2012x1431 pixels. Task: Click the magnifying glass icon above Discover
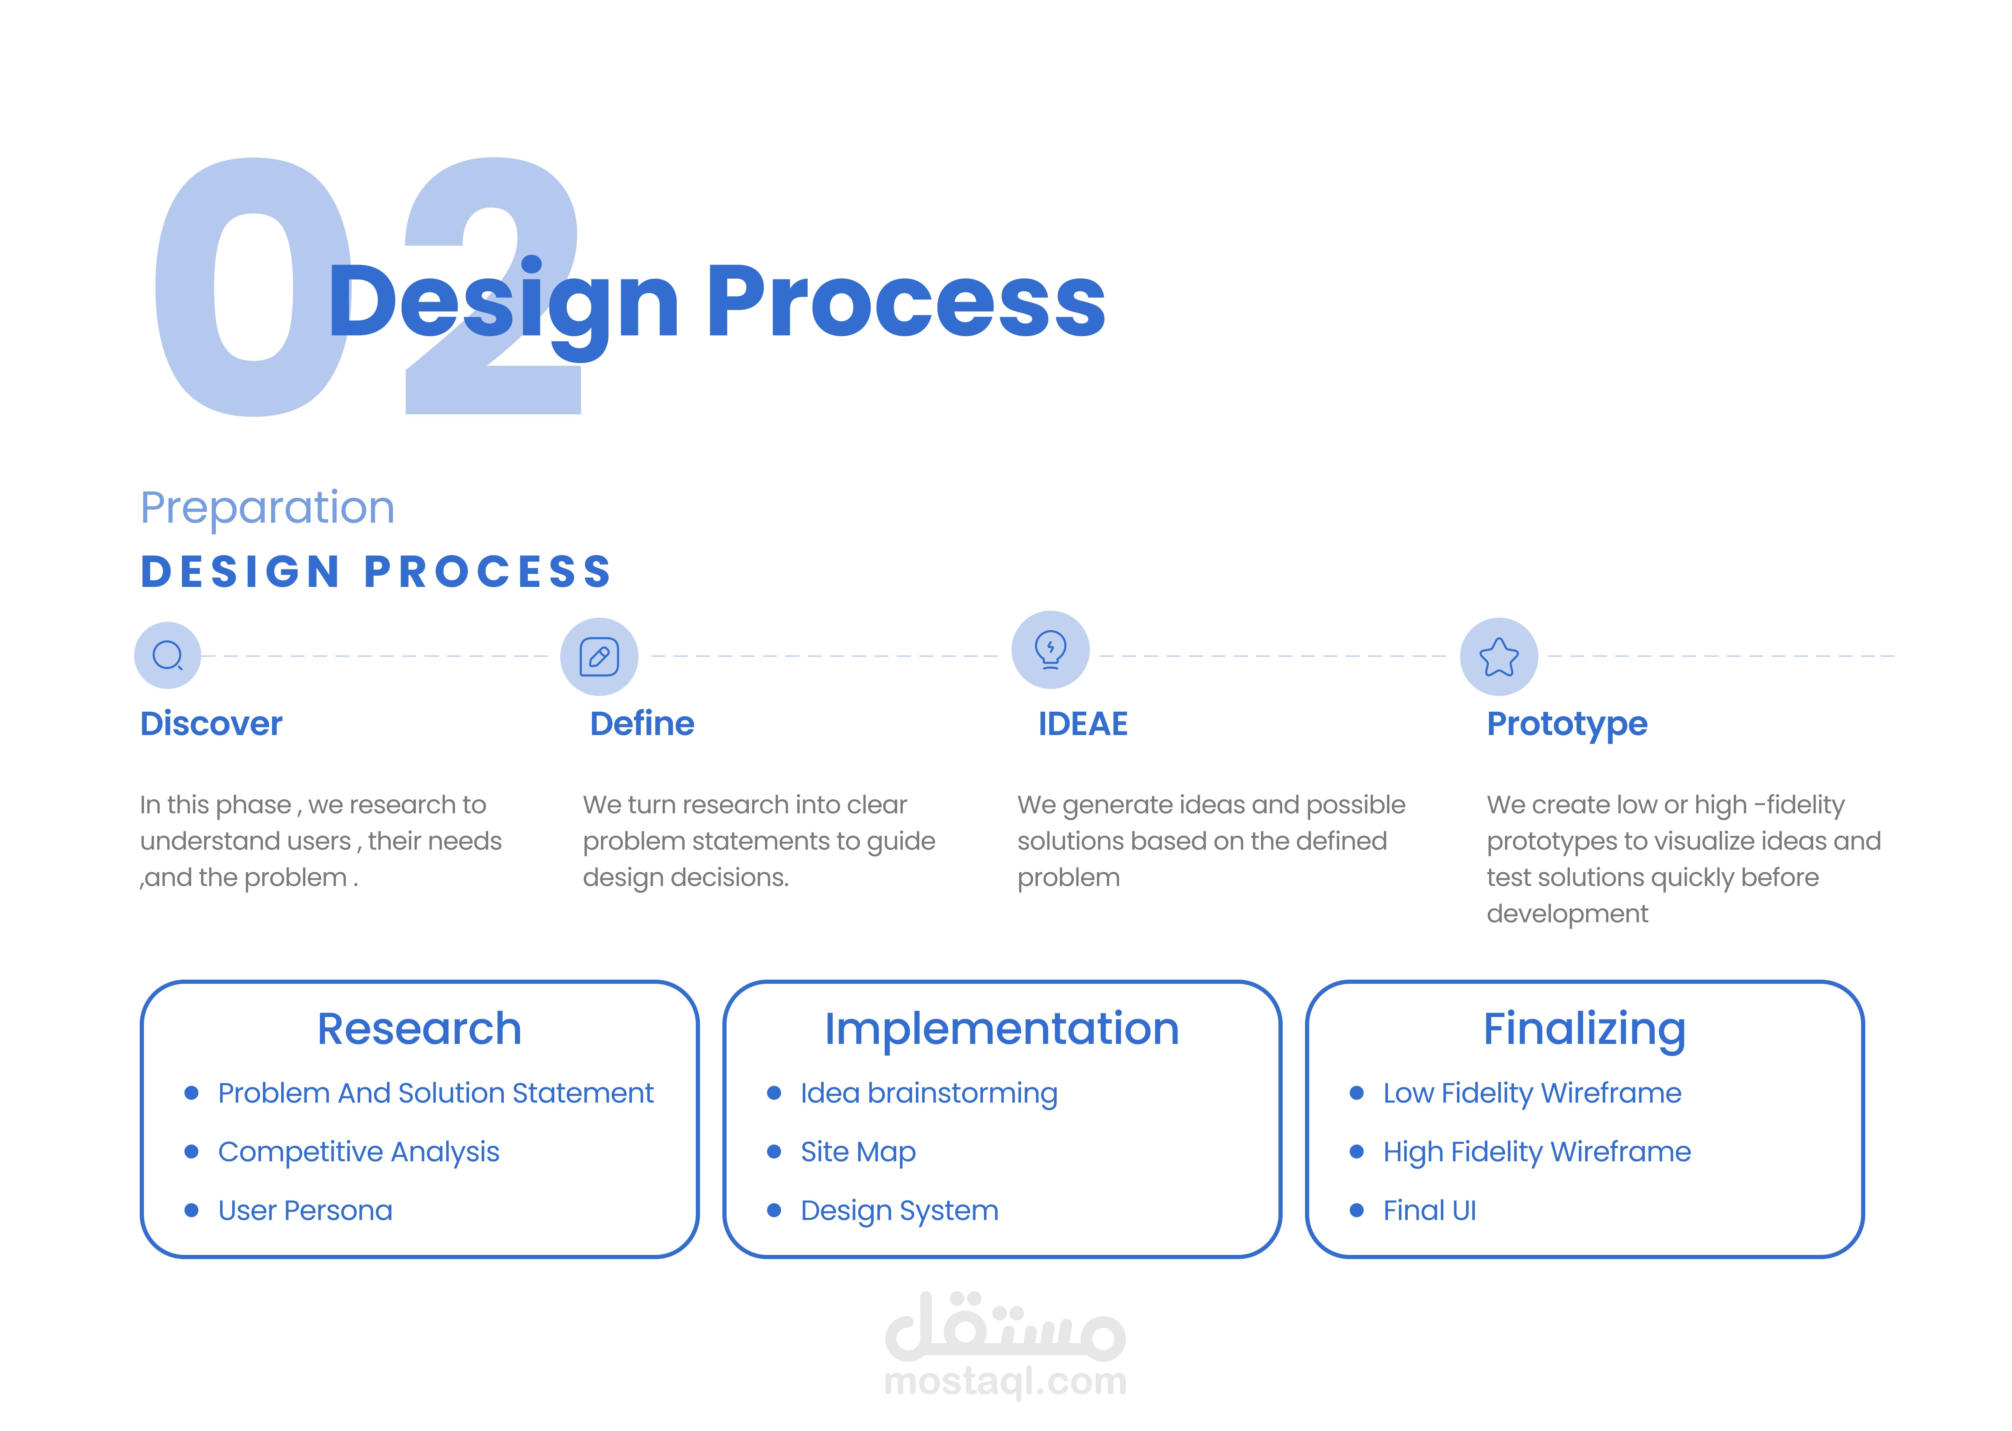[167, 655]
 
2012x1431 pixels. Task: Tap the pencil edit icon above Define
[599, 656]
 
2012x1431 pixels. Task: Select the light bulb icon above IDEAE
[1050, 649]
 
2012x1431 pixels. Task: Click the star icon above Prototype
[1499, 656]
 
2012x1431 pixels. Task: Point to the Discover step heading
[211, 724]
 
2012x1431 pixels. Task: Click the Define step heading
[642, 724]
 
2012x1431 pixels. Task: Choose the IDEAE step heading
[1082, 724]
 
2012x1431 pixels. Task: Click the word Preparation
[268, 508]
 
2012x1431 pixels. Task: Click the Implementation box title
[1001, 1029]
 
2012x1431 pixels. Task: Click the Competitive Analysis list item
[358, 1152]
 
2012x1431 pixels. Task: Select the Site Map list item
[858, 1152]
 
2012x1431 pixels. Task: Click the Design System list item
[899, 1211]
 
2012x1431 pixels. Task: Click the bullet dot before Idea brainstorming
[774, 1092]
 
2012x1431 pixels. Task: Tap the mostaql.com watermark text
[1005, 1381]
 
